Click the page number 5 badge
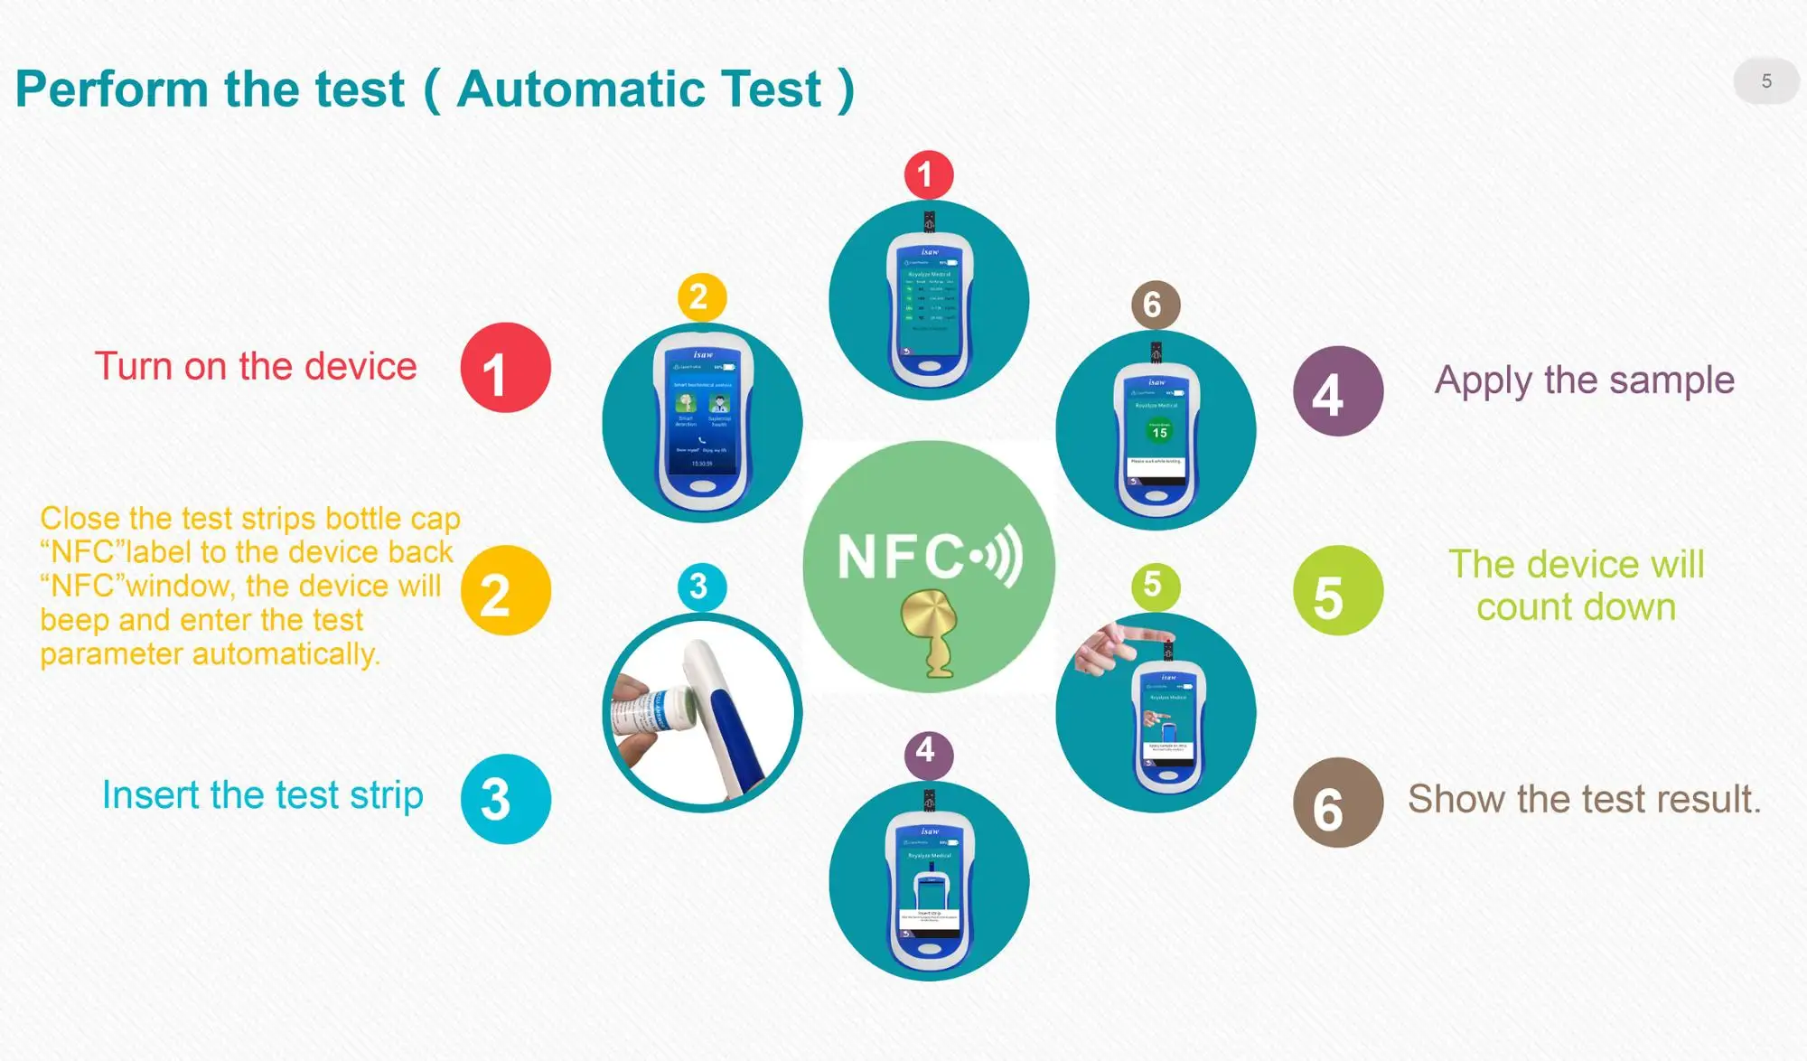pos(1765,81)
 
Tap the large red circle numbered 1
pos(505,368)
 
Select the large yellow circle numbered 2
pos(505,590)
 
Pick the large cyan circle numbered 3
pos(505,799)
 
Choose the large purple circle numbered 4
pos(1337,391)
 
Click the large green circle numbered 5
pos(1337,590)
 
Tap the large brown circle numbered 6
pos(1337,803)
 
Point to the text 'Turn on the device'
pos(256,367)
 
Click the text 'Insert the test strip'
pos(262,795)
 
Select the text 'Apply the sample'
pos(1584,380)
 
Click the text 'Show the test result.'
pos(1584,799)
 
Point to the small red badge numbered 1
pos(928,174)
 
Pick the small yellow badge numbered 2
pos(701,296)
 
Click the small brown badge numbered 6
pos(1155,305)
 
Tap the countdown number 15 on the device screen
pos(1159,433)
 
